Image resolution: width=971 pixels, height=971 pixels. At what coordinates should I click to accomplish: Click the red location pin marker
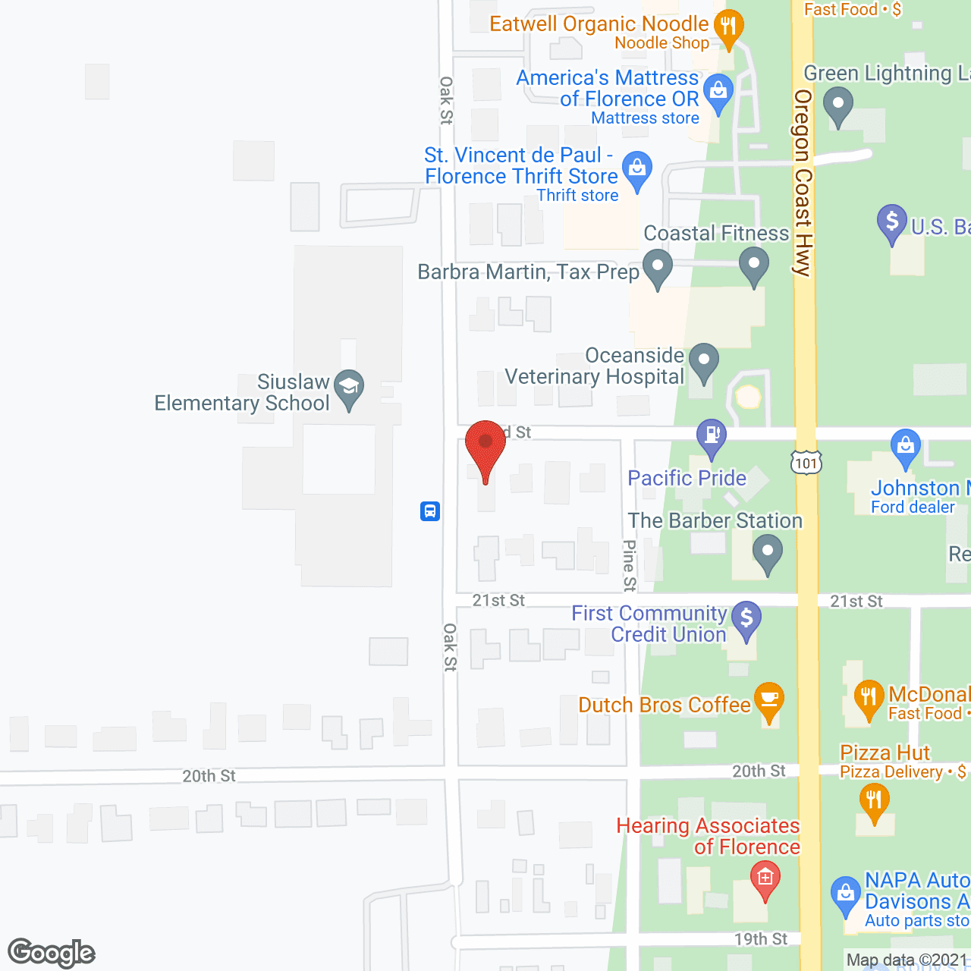pyautogui.click(x=485, y=448)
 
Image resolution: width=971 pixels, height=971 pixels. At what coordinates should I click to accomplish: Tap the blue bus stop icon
pyautogui.click(x=430, y=511)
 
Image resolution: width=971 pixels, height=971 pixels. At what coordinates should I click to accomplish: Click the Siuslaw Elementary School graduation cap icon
pyautogui.click(x=349, y=387)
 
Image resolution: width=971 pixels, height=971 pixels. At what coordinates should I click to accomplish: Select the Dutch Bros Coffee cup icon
pyautogui.click(x=769, y=699)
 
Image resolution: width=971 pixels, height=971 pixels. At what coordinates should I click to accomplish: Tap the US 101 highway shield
pyautogui.click(x=806, y=462)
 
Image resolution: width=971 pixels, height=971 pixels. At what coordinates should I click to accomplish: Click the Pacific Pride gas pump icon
pyautogui.click(x=712, y=436)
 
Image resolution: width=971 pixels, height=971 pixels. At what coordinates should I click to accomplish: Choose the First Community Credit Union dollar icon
pyautogui.click(x=746, y=618)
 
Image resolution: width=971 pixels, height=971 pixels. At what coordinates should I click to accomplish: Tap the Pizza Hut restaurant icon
pyautogui.click(x=875, y=800)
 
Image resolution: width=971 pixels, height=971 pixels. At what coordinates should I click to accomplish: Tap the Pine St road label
pyautogui.click(x=630, y=565)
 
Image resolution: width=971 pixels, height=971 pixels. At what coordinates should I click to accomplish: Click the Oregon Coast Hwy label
pyautogui.click(x=803, y=182)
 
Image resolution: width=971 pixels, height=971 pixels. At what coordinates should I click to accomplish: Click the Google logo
pyautogui.click(x=52, y=952)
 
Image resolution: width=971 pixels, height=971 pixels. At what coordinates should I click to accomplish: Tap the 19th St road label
pyautogui.click(x=761, y=939)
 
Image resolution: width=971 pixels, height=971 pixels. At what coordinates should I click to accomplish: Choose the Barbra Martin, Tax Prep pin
pyautogui.click(x=658, y=267)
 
